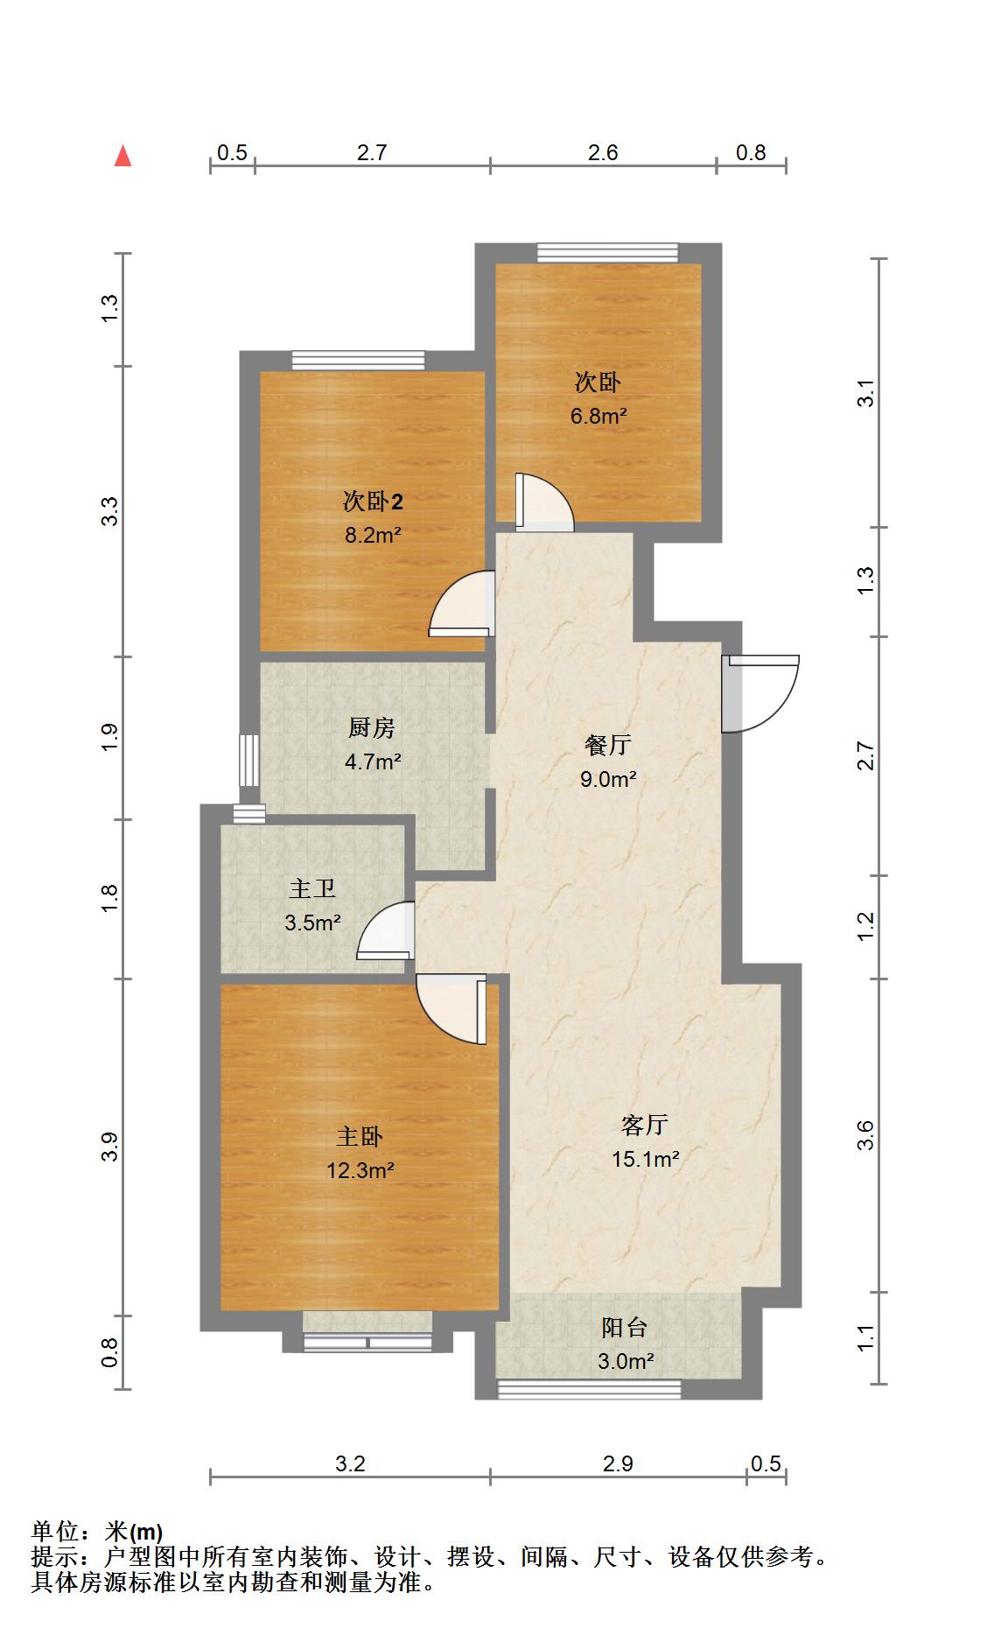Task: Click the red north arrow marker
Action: coord(123,157)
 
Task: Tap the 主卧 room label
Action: coord(360,1137)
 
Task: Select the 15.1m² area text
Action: coord(646,1160)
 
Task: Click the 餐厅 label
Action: coord(608,746)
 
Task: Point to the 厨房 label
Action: coord(372,727)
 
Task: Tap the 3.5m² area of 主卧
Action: coord(312,923)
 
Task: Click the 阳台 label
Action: coord(625,1328)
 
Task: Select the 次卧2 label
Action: coord(373,502)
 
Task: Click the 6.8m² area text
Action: coord(598,416)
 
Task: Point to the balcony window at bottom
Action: coord(589,1388)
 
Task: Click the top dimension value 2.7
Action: coord(372,153)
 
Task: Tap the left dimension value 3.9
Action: coord(109,1147)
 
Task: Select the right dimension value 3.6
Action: coord(865,1135)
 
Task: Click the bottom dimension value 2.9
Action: coord(618,1464)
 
